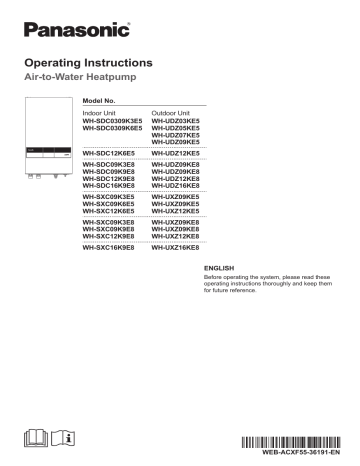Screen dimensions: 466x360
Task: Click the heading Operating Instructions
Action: [x=91, y=62]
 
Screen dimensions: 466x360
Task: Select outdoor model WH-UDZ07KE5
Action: [x=181, y=136]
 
